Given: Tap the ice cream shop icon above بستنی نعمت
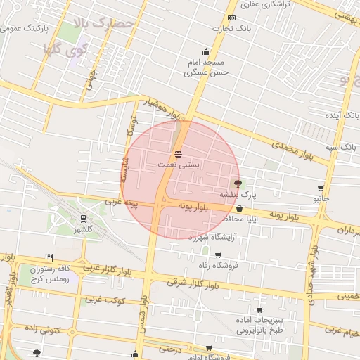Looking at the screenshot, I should coord(177,153).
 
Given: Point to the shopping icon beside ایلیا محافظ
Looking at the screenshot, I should coord(240,208).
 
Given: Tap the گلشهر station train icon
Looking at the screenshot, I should coord(84,219).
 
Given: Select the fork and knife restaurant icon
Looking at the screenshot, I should coord(49,257).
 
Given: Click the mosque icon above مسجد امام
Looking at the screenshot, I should coord(205,51).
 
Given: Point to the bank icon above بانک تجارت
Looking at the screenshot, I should coord(231,18).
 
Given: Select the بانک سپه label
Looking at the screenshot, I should coord(342,146).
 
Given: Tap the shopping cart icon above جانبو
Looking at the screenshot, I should coord(321,188).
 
